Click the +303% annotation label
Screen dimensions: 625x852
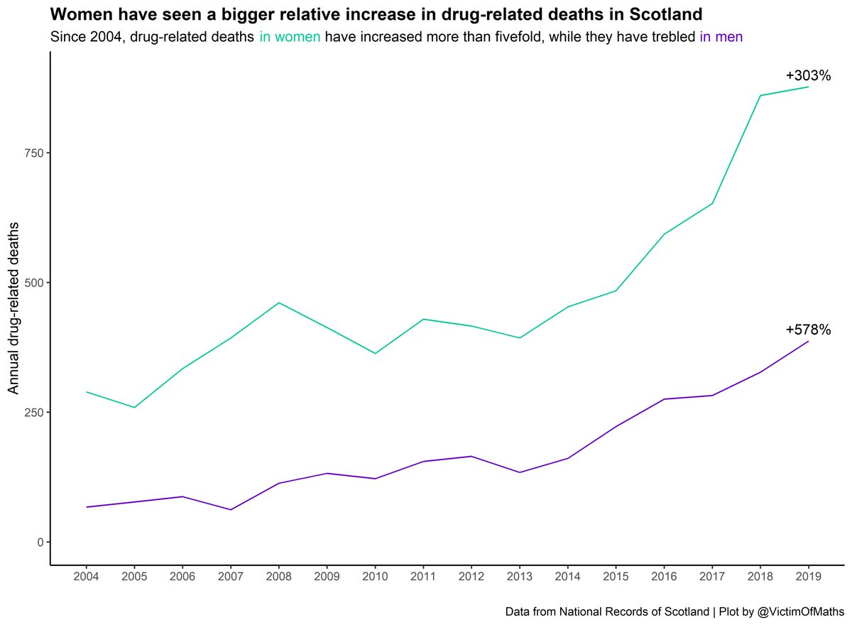pyautogui.click(x=807, y=76)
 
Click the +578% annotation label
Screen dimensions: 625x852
pyautogui.click(x=807, y=330)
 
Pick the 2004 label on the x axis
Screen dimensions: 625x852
pyautogui.click(x=86, y=576)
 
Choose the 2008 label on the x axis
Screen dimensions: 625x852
pyautogui.click(x=278, y=576)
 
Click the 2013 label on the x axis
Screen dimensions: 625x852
pyautogui.click(x=519, y=576)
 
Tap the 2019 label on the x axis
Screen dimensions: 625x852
pyautogui.click(x=808, y=576)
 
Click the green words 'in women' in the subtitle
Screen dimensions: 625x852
pyautogui.click(x=290, y=37)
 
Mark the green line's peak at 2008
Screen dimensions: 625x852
pyautogui.click(x=278, y=303)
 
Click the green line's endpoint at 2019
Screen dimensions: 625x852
pyautogui.click(x=808, y=87)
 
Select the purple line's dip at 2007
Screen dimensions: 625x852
pyautogui.click(x=231, y=510)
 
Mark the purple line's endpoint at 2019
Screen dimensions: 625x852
pyautogui.click(x=808, y=342)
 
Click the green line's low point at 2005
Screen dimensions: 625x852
pyautogui.click(x=134, y=408)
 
